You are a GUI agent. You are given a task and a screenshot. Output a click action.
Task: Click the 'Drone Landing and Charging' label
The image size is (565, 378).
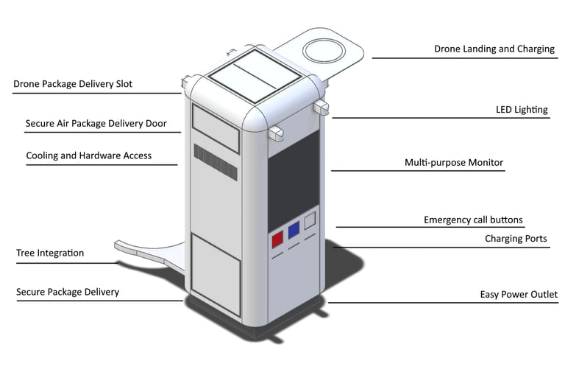click(494, 49)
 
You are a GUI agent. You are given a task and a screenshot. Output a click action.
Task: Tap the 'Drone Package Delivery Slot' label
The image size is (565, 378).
click(73, 84)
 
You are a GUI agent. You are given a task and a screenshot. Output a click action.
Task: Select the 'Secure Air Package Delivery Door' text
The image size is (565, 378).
click(96, 124)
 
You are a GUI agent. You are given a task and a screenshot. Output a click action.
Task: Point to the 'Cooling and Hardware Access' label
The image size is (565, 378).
click(88, 155)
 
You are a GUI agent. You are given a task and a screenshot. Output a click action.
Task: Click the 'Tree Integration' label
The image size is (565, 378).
click(50, 253)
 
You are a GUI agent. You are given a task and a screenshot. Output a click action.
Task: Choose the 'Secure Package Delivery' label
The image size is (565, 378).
click(68, 292)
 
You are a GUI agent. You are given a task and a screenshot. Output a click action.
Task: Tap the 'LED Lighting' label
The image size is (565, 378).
click(522, 110)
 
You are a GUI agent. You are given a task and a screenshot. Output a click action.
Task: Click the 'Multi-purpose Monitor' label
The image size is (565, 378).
click(454, 162)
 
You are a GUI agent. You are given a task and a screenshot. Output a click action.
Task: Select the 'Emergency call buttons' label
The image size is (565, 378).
click(473, 220)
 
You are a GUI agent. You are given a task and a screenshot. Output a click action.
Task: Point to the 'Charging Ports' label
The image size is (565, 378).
click(516, 239)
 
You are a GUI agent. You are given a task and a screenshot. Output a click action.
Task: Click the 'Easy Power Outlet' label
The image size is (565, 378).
click(519, 295)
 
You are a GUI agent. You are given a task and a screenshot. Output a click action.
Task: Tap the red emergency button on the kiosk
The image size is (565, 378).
click(278, 239)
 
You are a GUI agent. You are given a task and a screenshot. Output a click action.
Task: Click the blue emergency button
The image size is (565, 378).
click(294, 230)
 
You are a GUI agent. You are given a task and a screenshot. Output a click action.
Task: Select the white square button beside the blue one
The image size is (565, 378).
click(310, 220)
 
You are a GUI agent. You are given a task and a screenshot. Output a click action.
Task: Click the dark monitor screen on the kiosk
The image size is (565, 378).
click(293, 177)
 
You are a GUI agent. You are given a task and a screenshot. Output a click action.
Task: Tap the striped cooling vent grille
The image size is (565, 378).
click(216, 162)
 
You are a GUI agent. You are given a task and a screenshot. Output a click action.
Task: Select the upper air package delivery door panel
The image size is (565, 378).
click(216, 126)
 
